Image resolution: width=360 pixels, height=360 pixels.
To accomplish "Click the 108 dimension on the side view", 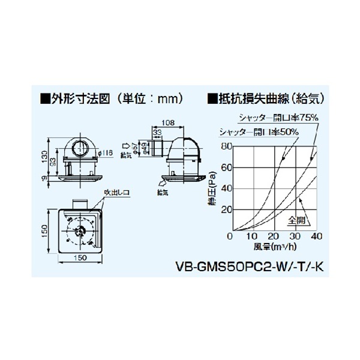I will [x=169, y=122].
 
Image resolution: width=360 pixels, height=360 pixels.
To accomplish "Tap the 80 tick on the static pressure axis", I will [x=226, y=146].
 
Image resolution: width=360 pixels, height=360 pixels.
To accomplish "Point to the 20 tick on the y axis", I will [x=226, y=209].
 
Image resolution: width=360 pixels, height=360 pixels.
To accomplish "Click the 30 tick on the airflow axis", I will [x=295, y=237].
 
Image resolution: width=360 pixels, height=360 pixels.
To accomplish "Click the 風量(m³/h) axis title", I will [x=274, y=246].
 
